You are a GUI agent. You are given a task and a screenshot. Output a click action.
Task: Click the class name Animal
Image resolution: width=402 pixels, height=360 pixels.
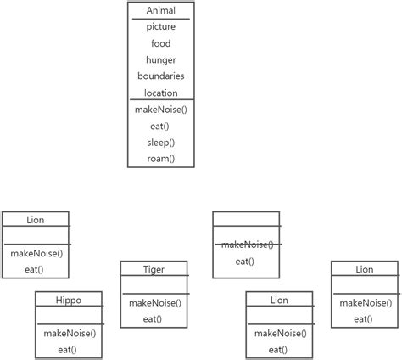[161, 10]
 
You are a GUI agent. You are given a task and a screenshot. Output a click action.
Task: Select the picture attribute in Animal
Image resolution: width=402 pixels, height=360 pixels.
[161, 27]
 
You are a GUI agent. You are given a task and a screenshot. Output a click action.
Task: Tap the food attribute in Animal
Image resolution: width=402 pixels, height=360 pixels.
[161, 43]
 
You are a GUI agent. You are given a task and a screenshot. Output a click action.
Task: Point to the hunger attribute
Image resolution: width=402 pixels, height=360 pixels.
[161, 59]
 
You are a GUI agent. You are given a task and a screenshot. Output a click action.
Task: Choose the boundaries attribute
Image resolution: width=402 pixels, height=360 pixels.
[161, 76]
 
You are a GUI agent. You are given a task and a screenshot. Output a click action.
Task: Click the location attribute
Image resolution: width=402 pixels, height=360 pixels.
[161, 93]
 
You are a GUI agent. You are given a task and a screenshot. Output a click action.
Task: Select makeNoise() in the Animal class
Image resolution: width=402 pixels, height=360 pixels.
[161, 110]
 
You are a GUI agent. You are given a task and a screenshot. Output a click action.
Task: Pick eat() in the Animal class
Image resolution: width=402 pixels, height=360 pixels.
[161, 126]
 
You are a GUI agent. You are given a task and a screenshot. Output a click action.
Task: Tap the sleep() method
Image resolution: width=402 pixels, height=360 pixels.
[161, 142]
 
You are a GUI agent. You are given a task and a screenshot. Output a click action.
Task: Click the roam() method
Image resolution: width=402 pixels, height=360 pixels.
[161, 158]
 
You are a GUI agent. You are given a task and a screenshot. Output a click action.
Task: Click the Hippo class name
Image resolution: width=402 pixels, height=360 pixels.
[69, 300]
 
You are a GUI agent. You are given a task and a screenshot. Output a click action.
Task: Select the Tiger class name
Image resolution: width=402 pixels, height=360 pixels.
[154, 269]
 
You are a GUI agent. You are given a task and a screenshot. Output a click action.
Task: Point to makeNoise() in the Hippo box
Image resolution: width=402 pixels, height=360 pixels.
[69, 333]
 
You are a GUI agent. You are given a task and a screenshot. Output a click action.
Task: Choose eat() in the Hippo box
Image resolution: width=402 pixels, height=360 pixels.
[69, 349]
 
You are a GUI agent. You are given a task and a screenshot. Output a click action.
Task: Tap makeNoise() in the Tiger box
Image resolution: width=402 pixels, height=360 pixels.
[154, 303]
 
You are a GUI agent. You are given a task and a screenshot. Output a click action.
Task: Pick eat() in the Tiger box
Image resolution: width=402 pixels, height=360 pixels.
[154, 319]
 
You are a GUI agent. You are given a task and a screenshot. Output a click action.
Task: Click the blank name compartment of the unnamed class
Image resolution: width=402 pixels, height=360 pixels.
[245, 219]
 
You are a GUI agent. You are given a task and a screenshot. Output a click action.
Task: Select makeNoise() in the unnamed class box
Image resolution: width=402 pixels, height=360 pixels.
[245, 245]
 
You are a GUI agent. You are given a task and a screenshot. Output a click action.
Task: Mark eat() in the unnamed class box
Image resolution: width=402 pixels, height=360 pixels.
[245, 262]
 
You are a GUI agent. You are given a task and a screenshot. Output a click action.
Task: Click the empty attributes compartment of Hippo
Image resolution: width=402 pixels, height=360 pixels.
[69, 314]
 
